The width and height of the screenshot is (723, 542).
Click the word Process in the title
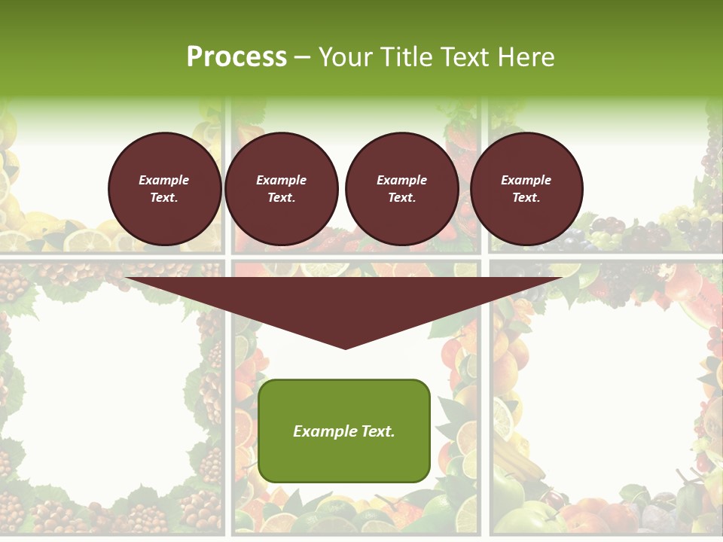click(x=236, y=57)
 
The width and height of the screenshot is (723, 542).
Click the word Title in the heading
click(x=405, y=57)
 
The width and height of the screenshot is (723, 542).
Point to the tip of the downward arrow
click(x=345, y=347)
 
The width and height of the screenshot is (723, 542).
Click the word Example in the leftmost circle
click(x=164, y=181)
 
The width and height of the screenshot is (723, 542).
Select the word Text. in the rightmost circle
click(x=526, y=198)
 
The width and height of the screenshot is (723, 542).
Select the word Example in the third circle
click(x=401, y=181)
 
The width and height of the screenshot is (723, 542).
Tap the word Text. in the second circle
click(x=281, y=198)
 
